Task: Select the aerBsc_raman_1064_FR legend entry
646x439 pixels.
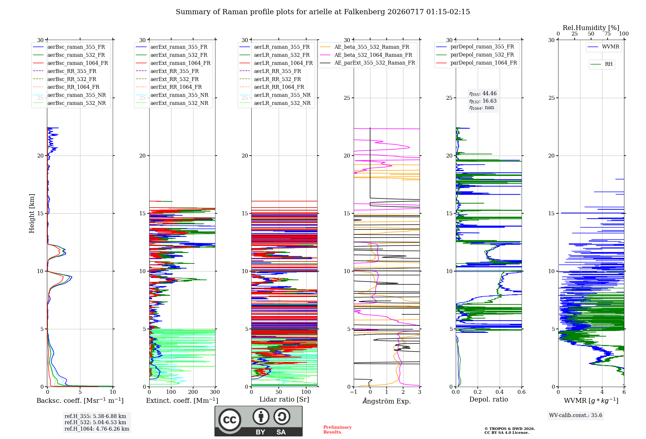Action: (70, 63)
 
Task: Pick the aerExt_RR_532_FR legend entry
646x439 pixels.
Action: (167, 79)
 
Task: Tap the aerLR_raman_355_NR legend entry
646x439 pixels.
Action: (275, 95)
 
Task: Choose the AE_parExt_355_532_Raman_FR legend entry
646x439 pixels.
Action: (368, 63)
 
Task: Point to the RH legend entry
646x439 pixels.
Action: (601, 64)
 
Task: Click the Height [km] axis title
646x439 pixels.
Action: (32, 213)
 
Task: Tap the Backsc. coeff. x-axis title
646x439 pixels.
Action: (80, 401)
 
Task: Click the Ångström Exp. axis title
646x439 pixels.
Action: (387, 401)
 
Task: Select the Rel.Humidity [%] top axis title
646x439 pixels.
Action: (591, 28)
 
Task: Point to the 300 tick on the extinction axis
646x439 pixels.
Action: (215, 392)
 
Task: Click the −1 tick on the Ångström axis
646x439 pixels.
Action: (354, 392)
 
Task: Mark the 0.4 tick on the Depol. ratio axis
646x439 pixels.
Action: (500, 392)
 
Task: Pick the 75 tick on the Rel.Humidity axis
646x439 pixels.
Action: (608, 34)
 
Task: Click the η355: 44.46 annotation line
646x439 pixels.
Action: (483, 94)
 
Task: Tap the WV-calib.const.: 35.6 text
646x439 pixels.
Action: (576, 415)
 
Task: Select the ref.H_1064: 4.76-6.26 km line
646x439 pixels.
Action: (97, 429)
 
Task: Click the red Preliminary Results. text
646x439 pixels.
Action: (338, 430)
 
